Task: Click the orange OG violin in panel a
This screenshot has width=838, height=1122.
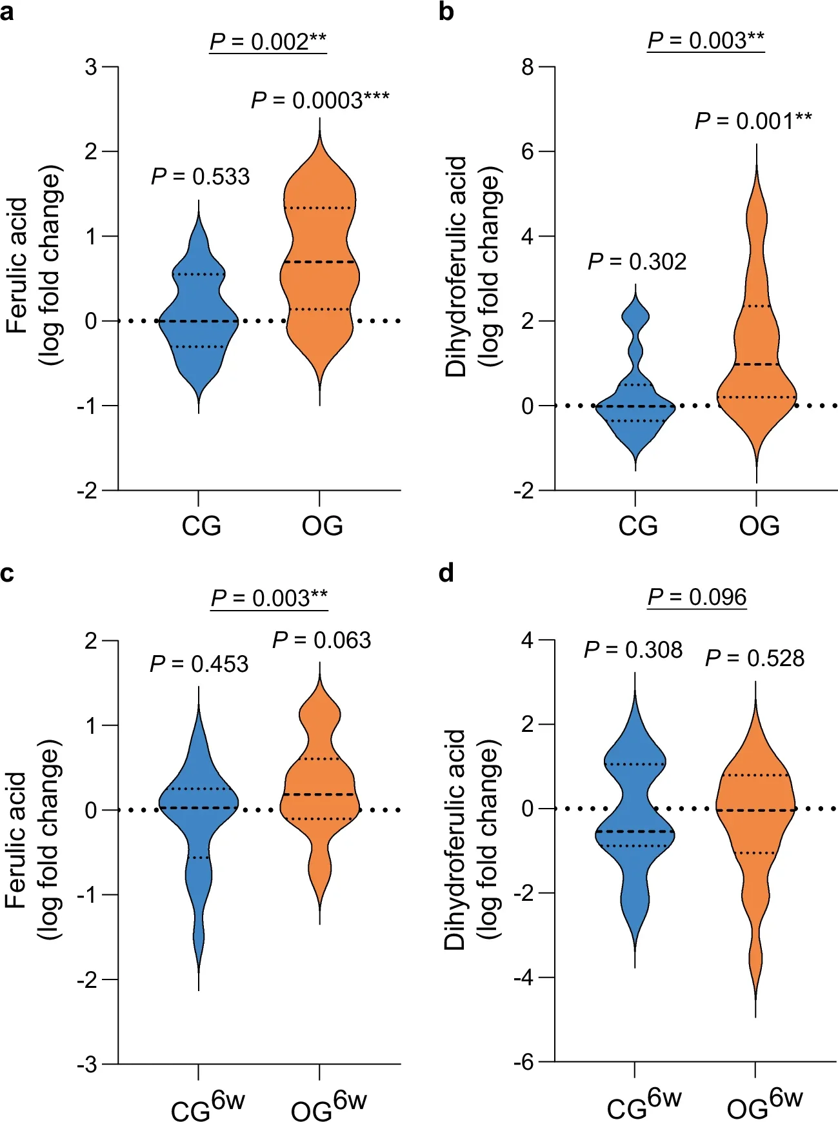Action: click(x=319, y=271)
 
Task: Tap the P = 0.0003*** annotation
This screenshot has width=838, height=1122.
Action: click(x=320, y=101)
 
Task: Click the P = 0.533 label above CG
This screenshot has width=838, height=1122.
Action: click(x=200, y=177)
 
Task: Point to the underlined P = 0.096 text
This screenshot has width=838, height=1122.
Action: click(x=697, y=597)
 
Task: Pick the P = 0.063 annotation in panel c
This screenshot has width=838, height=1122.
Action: click(x=321, y=640)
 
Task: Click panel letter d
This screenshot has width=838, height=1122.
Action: click(x=446, y=573)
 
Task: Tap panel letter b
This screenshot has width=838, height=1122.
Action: click(x=446, y=12)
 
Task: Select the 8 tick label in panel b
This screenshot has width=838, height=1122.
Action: click(x=528, y=66)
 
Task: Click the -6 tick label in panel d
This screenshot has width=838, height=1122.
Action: click(x=523, y=1062)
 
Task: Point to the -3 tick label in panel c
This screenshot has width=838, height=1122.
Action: click(x=87, y=1065)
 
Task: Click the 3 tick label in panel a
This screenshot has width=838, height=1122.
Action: click(x=91, y=66)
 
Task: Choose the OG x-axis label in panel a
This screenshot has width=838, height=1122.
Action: click(x=322, y=526)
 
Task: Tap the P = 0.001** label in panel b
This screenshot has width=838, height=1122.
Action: click(x=753, y=121)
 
